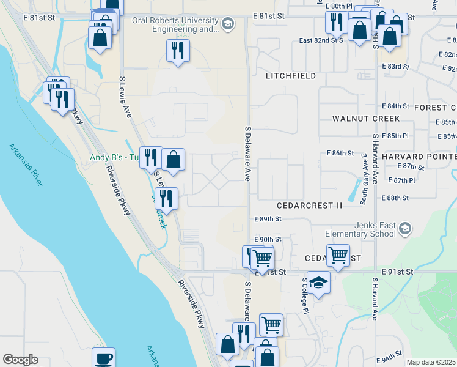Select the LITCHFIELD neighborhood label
[x=291, y=76]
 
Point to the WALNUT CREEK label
[x=366, y=119]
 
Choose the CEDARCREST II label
[x=309, y=206]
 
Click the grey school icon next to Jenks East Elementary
[x=404, y=229]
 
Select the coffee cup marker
[x=103, y=358]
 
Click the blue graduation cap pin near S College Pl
[x=318, y=282]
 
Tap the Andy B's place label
[x=115, y=157]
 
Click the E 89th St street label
[x=268, y=218]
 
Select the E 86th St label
[x=340, y=153]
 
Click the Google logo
[x=20, y=360]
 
